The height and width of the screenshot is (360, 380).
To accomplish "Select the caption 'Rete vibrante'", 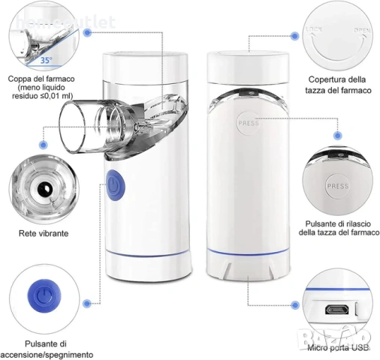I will [43, 233].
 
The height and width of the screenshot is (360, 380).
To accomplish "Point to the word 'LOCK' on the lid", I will [314, 31].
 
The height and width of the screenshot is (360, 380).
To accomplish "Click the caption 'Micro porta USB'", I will [338, 347].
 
